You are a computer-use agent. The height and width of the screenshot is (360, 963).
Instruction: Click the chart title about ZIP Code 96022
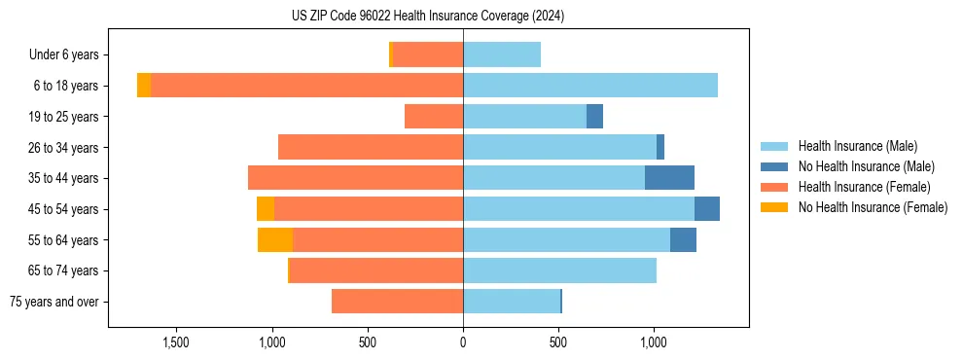pos(428,17)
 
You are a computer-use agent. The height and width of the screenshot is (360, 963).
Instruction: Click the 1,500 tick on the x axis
pos(175,342)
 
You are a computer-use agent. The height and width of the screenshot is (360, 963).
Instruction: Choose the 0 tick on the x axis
pos(463,342)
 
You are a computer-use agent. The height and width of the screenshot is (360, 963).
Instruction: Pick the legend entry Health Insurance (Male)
pos(857,146)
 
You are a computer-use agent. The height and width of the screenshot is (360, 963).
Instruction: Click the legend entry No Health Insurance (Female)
pos(873,207)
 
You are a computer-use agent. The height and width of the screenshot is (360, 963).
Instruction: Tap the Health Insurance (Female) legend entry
pos(865,187)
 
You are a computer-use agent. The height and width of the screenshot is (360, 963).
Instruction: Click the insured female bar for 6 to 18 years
pos(306,86)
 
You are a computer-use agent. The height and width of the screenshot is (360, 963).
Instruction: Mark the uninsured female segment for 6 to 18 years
pos(144,86)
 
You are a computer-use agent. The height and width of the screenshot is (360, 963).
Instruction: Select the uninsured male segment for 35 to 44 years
pos(669,178)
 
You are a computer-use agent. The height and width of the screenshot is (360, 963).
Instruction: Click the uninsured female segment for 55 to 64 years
pos(275,239)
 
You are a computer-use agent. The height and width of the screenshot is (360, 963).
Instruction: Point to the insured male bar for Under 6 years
pos(502,54)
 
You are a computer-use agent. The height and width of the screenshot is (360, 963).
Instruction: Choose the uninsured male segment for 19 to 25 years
pos(594,117)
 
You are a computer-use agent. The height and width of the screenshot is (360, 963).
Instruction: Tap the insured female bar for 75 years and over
pos(397,302)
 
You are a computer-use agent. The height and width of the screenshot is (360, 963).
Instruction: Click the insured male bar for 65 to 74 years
pos(559,270)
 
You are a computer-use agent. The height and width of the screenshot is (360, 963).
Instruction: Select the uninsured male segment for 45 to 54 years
pos(707,209)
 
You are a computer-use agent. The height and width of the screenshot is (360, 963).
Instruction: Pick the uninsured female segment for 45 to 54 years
pos(266,209)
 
